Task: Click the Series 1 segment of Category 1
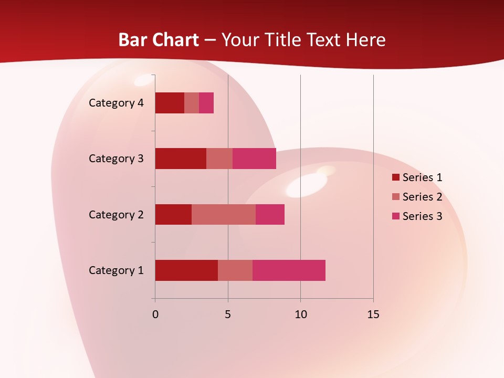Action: coord(186,270)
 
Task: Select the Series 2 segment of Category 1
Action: coord(235,270)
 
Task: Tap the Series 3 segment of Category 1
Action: coord(289,270)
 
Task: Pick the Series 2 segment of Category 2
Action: coord(224,214)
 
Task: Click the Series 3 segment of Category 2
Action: coord(270,214)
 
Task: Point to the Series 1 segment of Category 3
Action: coord(181,159)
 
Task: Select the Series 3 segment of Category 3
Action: coord(254,159)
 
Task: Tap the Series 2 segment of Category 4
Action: coord(192,103)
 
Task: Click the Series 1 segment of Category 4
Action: coord(170,103)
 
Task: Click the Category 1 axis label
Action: coord(116,270)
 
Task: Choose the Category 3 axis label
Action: coord(116,159)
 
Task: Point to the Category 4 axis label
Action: coord(116,103)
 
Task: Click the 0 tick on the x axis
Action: coord(155,314)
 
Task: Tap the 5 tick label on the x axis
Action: coord(228,314)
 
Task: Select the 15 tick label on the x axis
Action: coord(373,314)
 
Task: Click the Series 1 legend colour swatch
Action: coord(395,177)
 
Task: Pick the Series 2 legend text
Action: coord(422,197)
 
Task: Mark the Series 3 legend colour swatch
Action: coord(395,216)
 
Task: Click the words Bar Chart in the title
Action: coord(159,40)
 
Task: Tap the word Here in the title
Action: coord(366,40)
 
